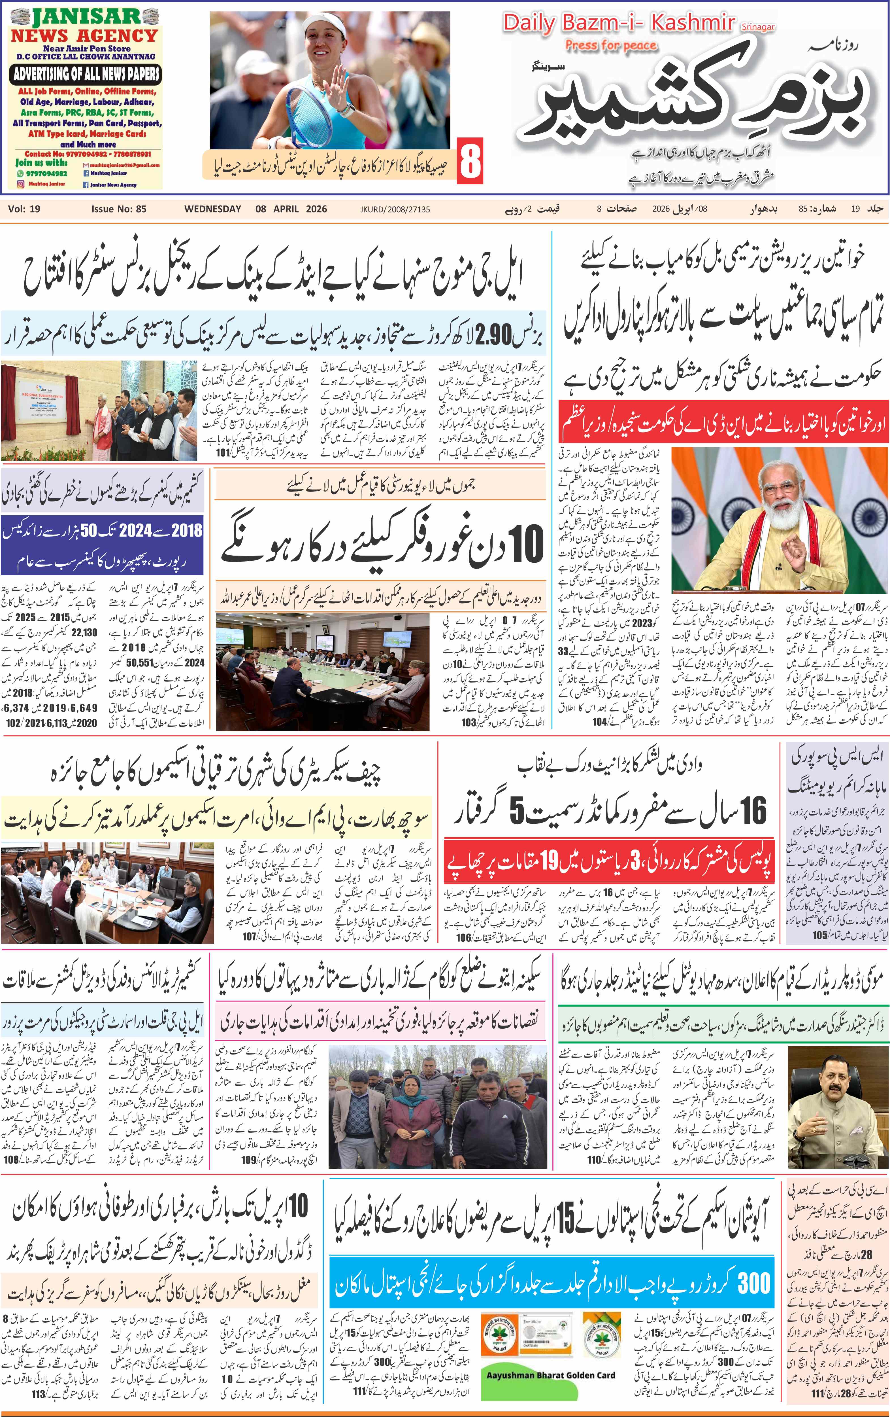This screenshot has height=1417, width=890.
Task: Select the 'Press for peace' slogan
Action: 611,45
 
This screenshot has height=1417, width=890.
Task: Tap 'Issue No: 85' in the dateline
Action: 119,209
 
